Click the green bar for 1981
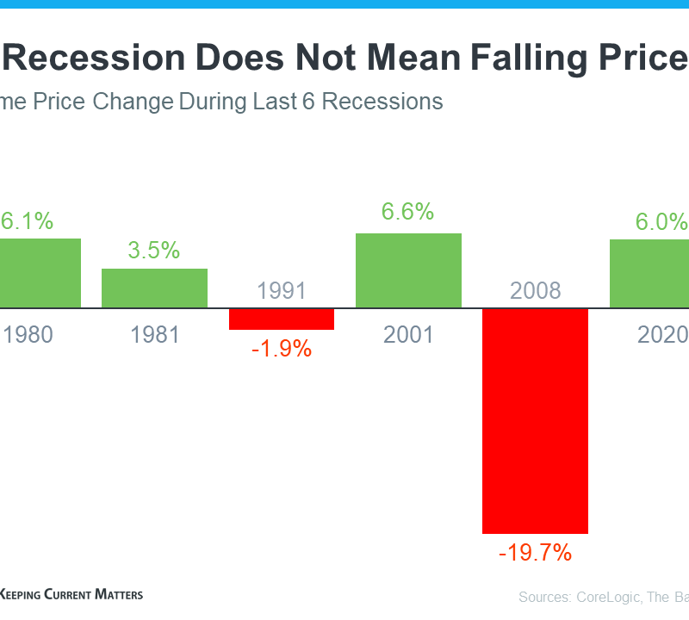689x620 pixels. pyautogui.click(x=155, y=288)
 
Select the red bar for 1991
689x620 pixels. pyautogui.click(x=282, y=319)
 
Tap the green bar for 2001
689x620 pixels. pyautogui.click(x=409, y=270)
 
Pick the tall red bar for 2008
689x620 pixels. pyautogui.click(x=535, y=420)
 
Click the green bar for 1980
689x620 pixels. pyautogui.click(x=40, y=273)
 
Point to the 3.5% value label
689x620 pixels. pyautogui.click(x=155, y=251)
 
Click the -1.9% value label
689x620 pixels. pyautogui.click(x=282, y=350)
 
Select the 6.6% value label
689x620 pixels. pyautogui.click(x=409, y=212)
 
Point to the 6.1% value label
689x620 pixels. pyautogui.click(x=27, y=221)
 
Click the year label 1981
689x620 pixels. pyautogui.click(x=155, y=334)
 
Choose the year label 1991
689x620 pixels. pyautogui.click(x=282, y=290)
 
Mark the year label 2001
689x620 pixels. pyautogui.click(x=409, y=334)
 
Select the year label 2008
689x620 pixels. pyautogui.click(x=535, y=290)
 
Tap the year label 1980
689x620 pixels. pyautogui.click(x=28, y=334)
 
